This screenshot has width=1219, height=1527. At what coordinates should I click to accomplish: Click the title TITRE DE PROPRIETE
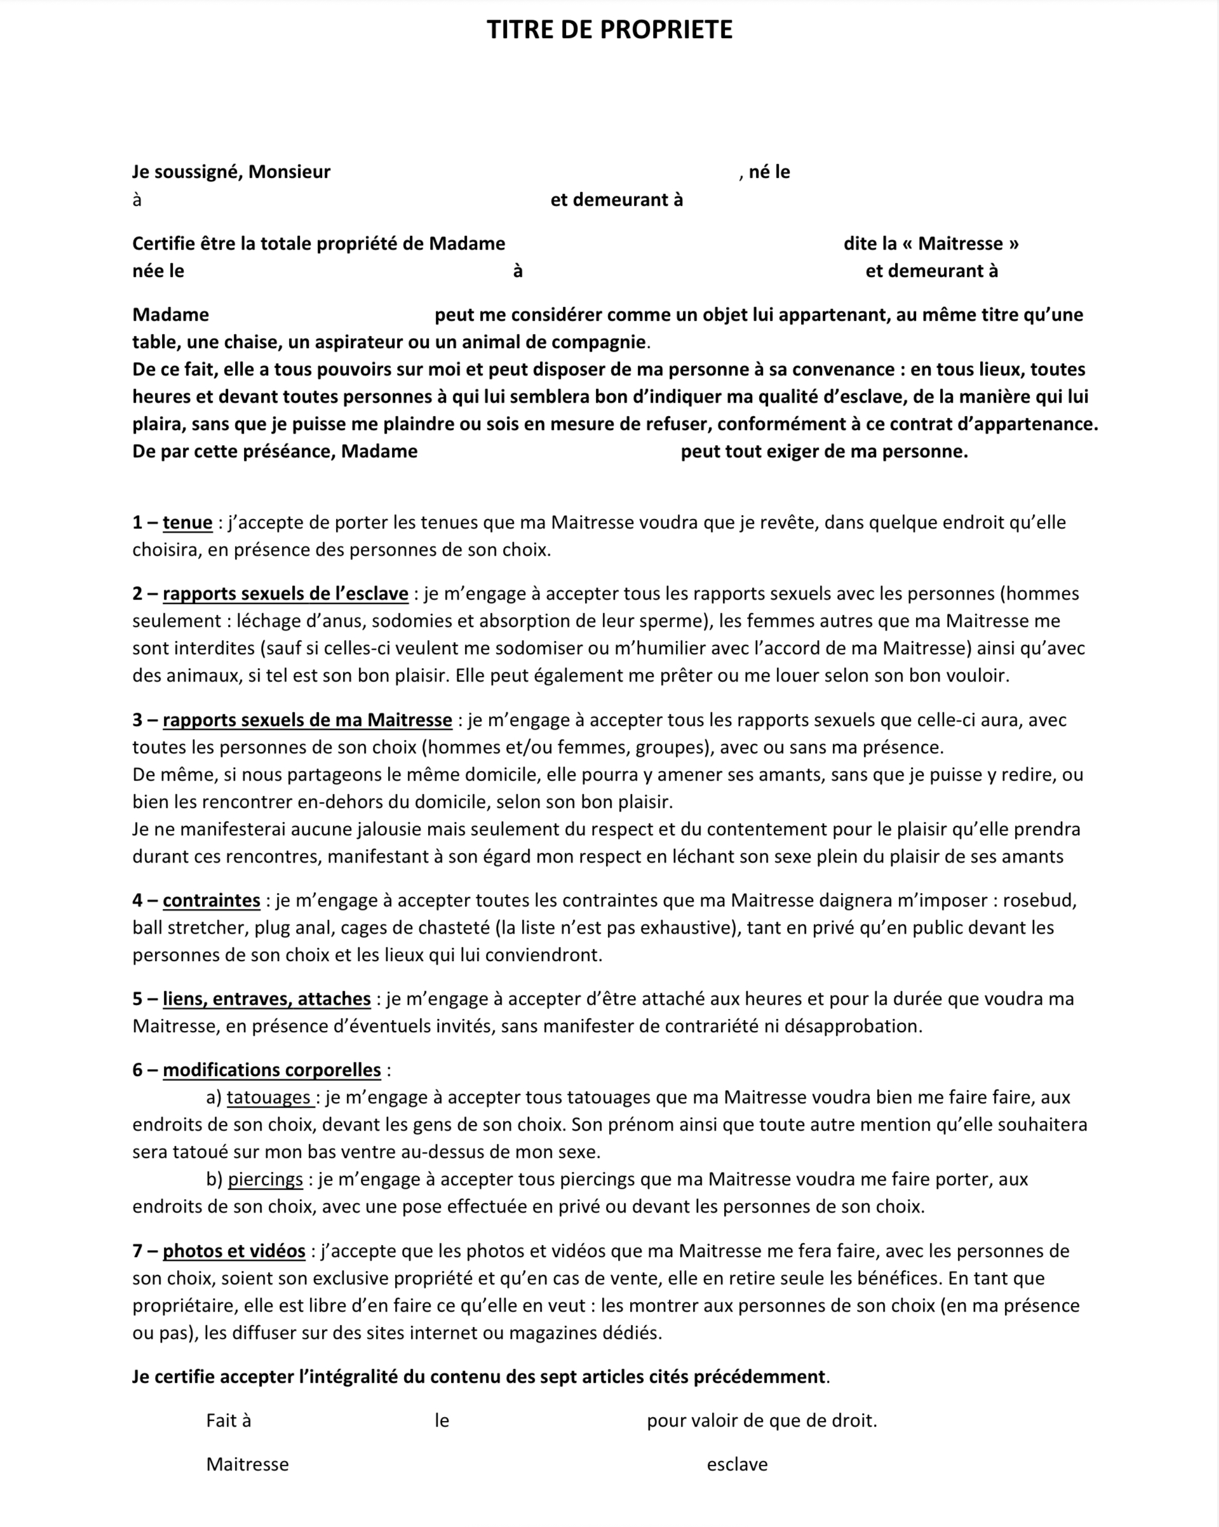click(x=609, y=30)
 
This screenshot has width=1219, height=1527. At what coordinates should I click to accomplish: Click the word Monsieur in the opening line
click(x=289, y=172)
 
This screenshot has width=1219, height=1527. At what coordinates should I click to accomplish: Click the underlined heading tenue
click(x=187, y=523)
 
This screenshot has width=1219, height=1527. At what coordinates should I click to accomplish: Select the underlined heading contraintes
click(x=212, y=900)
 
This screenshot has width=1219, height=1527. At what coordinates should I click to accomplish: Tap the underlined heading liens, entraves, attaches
click(x=267, y=999)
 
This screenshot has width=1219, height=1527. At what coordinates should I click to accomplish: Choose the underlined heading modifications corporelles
click(x=272, y=1070)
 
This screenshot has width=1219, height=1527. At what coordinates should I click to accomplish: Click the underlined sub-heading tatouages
click(x=269, y=1097)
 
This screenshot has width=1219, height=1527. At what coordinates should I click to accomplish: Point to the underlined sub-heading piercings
click(x=266, y=1180)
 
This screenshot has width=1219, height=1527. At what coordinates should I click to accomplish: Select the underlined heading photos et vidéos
click(x=234, y=1251)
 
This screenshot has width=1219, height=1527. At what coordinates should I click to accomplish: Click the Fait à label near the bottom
click(x=229, y=1420)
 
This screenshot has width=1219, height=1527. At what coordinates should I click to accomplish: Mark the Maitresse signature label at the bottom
click(x=247, y=1464)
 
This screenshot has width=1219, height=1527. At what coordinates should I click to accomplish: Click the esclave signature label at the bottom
click(x=737, y=1464)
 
